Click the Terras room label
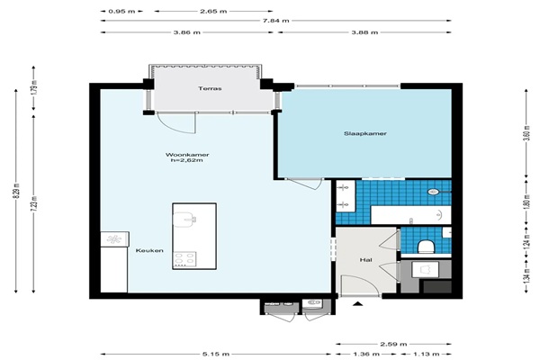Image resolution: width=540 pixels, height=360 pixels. click(x=210, y=88)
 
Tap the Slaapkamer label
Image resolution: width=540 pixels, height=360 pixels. click(x=365, y=133)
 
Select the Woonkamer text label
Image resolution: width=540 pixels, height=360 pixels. click(x=187, y=155)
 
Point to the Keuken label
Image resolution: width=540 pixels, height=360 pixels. click(x=149, y=250)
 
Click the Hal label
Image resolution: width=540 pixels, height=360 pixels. click(x=365, y=260)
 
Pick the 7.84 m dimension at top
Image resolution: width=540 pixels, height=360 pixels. click(x=276, y=21)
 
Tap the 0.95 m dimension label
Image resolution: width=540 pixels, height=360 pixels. click(x=121, y=12)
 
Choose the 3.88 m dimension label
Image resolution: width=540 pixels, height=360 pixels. click(x=364, y=32)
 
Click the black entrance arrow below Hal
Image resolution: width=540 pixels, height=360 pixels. click(x=358, y=303)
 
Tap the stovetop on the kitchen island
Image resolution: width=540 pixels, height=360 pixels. click(x=184, y=259)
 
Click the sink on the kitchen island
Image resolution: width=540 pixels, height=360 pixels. click(x=184, y=220)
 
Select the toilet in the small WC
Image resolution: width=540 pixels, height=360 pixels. click(x=426, y=247)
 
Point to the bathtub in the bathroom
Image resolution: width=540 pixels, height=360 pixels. click(x=410, y=215)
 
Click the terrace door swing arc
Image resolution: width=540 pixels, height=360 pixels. click(x=169, y=126)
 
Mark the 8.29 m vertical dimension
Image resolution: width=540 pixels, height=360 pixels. click(x=16, y=191)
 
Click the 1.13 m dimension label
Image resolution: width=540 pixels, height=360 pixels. click(x=426, y=354)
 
